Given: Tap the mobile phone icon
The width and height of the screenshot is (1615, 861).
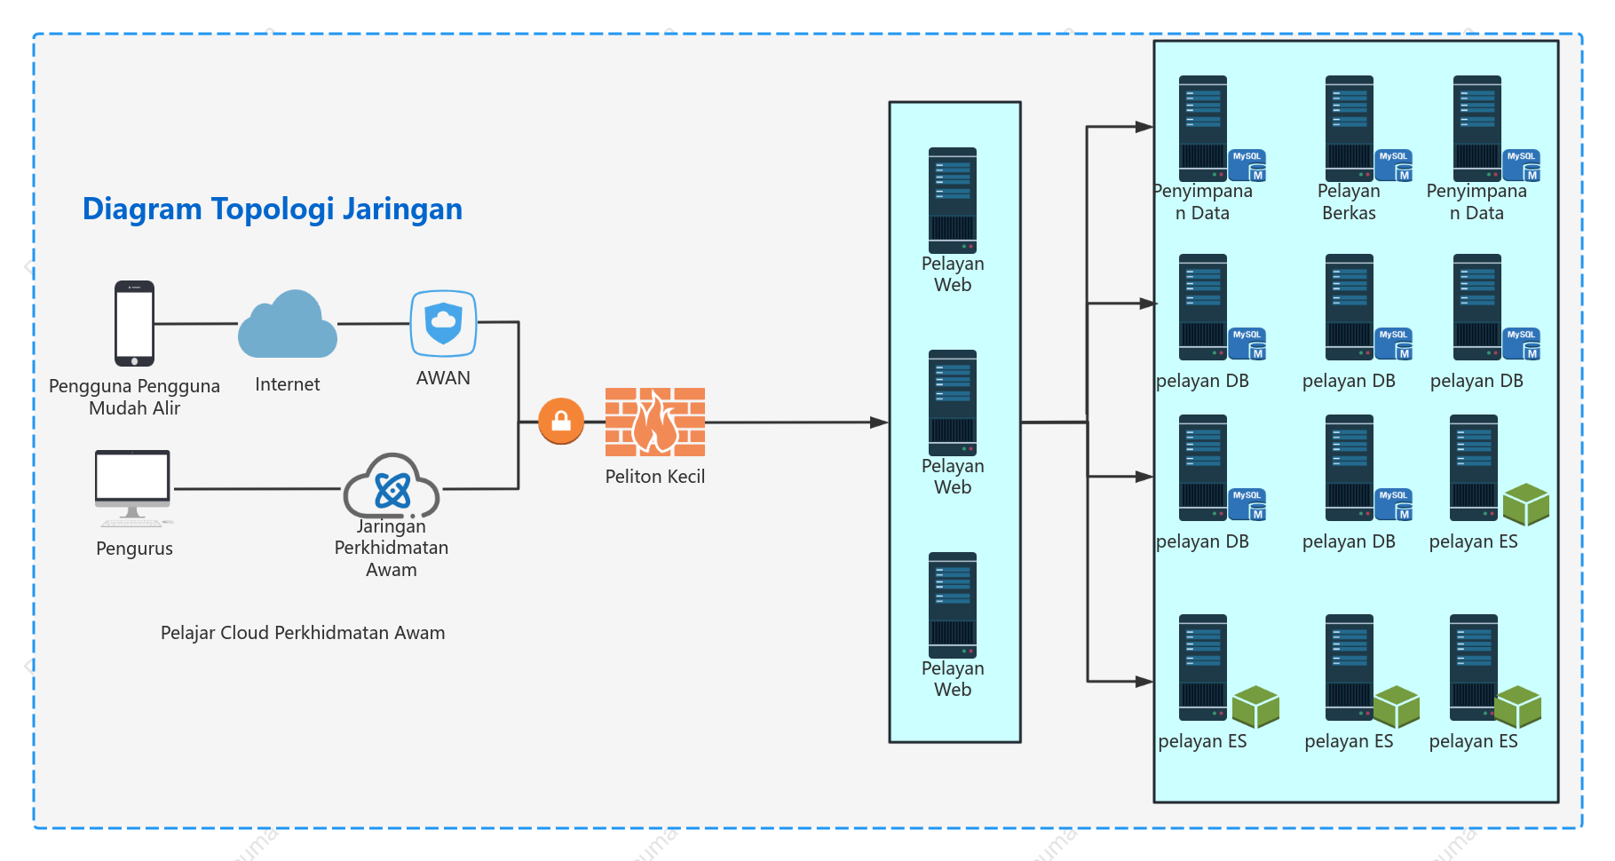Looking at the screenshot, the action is coord(134,323).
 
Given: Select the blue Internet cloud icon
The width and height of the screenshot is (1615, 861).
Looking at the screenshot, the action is coord(288,324).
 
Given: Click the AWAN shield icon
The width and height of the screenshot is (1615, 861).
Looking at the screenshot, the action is coord(443,324).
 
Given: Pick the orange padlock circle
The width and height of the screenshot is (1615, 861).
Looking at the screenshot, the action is coord(561,421).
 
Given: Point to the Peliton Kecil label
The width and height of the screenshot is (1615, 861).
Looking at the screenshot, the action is coord(655,477).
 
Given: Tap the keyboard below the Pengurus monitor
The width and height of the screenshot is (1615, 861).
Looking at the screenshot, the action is coord(133,523).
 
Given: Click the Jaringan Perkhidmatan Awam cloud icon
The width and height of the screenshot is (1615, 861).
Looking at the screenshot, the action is coord(392,486).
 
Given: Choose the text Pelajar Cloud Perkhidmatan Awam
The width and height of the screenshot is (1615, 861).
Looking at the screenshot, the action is coord(303,633).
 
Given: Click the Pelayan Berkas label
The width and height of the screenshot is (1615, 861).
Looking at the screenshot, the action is coord(1349,202).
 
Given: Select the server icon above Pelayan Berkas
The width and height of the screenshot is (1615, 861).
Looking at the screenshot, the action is coord(1350,129).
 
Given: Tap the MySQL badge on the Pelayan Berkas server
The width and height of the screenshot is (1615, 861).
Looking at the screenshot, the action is coord(1394,166).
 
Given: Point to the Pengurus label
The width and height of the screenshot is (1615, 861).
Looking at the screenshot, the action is coord(134,549).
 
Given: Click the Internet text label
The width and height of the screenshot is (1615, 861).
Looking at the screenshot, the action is coord(288,384).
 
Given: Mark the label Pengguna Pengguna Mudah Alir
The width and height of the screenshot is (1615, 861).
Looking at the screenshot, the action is coord(134,397).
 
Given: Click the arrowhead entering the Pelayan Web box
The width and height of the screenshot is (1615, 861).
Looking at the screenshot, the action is coord(879,423).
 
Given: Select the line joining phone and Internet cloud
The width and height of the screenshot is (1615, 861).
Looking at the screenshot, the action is coord(196,324).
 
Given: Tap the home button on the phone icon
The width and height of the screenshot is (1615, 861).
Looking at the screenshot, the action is coord(134,361).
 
